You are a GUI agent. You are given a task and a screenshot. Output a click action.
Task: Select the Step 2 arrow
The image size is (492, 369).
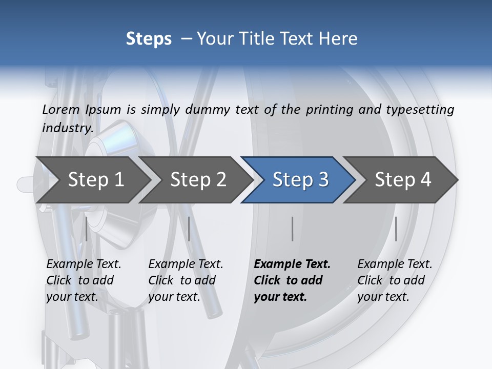coord(198,179)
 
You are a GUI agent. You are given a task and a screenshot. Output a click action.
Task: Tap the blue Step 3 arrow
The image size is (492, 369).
coord(300,179)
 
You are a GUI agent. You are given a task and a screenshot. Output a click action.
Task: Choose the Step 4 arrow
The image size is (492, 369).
coord(402,179)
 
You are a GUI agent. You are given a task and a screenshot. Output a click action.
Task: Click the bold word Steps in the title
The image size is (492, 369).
coord(149,39)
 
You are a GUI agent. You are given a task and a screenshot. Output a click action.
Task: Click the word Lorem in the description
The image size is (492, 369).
coord(61,109)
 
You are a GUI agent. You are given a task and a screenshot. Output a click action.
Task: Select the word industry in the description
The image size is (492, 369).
coord(67,128)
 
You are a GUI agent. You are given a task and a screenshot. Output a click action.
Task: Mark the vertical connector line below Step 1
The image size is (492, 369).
coord(87,229)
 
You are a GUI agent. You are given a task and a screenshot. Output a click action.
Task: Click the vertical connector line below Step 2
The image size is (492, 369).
coord(189,229)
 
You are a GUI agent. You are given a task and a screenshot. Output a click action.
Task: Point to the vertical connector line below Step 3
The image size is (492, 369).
coord(292,229)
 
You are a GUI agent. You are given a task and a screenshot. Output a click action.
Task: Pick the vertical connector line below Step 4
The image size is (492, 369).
coord(396,229)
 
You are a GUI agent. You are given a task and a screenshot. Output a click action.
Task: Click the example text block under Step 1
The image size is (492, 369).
coord(84,280)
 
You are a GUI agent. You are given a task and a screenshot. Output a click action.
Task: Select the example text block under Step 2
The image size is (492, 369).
coord(186,280)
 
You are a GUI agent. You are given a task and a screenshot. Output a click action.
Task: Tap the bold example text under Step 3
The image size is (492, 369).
coord(292,280)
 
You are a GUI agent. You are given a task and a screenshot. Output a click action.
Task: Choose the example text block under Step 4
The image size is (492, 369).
coord(395,280)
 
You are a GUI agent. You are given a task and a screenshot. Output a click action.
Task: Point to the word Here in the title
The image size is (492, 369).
coord(339,39)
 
